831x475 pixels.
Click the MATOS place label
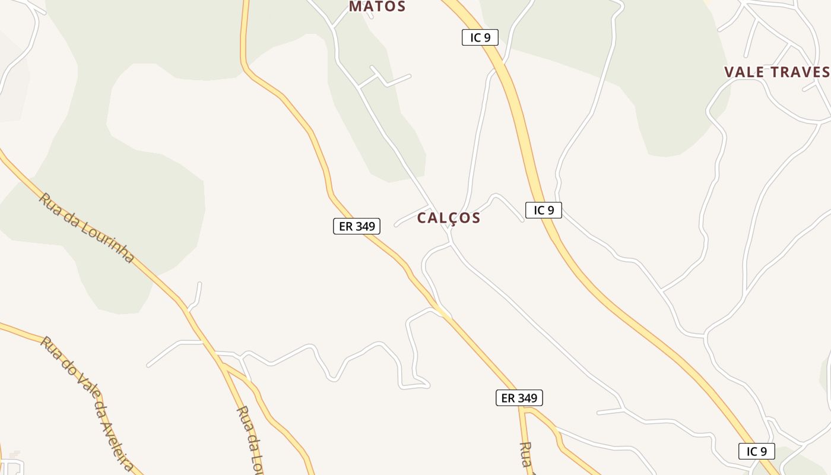tap(377, 7)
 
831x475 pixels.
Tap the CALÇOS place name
tap(448, 218)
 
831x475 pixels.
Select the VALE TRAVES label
tap(776, 72)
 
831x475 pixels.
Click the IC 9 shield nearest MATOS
tap(480, 37)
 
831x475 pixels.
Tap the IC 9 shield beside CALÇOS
tap(543, 210)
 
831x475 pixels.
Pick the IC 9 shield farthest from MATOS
tap(756, 451)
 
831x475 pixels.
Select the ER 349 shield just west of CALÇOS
tap(356, 226)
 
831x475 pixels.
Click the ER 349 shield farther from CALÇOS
tap(519, 398)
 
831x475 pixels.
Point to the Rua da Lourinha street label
tap(87, 227)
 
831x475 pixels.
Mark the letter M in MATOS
tap(355, 7)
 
